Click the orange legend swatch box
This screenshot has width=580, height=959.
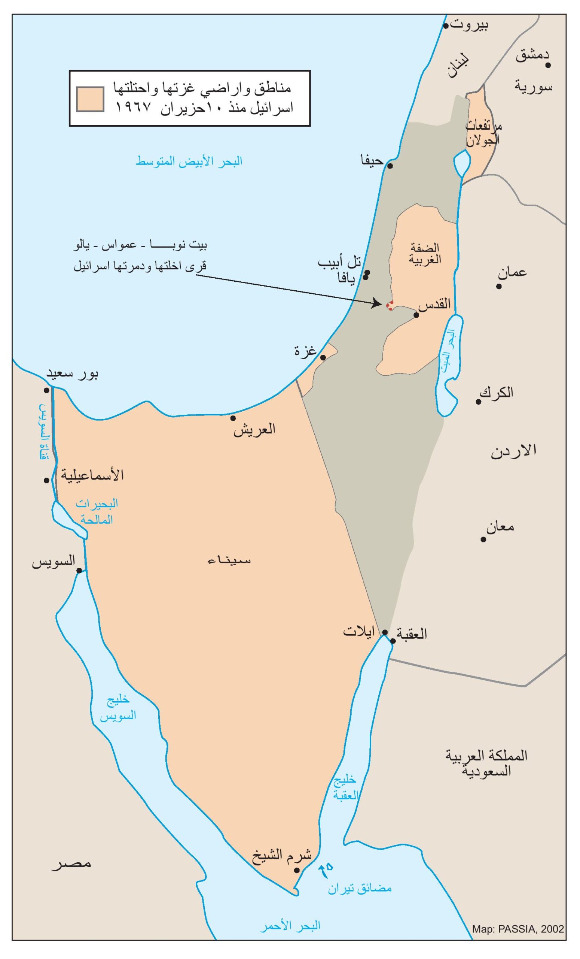click(90, 99)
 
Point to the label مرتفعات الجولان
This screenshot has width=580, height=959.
click(483, 133)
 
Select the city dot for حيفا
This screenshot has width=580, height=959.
click(390, 166)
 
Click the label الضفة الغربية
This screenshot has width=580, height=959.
click(425, 254)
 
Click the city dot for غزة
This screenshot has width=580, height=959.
click(323, 357)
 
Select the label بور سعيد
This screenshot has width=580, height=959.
click(72, 373)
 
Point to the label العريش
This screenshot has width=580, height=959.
click(254, 429)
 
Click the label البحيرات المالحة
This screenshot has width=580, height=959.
click(97, 512)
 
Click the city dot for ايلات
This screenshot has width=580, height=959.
click(384, 632)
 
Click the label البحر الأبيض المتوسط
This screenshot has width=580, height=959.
click(189, 161)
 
